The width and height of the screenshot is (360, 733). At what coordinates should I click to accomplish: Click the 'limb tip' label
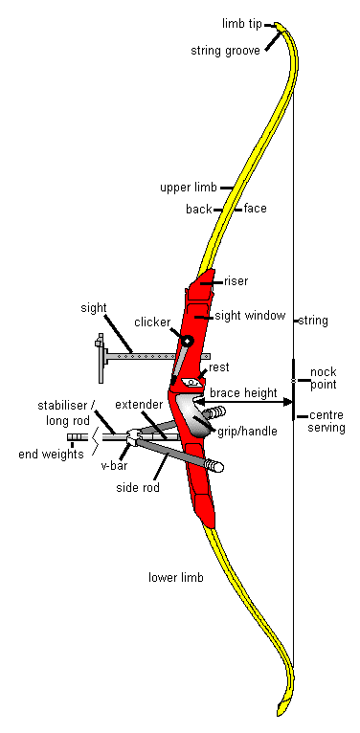point(242,23)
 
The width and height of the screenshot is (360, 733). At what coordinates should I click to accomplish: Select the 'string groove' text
point(226,50)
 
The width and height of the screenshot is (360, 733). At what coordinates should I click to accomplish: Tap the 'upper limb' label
point(189,189)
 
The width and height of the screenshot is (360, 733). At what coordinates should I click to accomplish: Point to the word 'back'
point(198,209)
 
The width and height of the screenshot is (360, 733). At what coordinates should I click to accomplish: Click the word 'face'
point(255,209)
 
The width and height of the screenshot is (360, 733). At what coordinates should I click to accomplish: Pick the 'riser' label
point(236,281)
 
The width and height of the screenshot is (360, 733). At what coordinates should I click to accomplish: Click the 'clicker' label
point(152,322)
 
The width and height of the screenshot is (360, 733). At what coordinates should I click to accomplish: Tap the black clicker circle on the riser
point(188,341)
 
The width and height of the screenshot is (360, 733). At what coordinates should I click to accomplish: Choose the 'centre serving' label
point(326,422)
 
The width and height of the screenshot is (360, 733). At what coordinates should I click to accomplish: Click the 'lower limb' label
point(176,578)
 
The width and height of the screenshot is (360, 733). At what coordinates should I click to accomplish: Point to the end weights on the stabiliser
point(76,439)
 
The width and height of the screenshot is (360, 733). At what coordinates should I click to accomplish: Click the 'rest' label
point(218,366)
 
